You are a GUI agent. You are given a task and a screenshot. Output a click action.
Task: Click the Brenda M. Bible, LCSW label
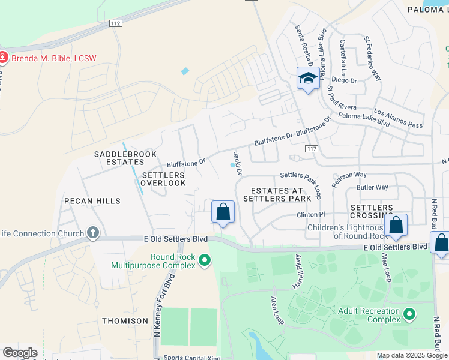(52, 58)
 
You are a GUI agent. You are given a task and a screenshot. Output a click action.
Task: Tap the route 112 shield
(116, 23)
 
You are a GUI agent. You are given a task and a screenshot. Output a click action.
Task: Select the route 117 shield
(311, 148)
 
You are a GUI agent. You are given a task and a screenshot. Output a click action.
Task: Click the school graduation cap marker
(308, 79)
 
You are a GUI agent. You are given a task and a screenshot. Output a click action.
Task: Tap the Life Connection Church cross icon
(92, 233)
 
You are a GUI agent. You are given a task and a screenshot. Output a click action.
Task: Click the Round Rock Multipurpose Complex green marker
(205, 260)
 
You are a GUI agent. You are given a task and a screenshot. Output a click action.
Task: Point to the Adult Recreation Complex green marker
(410, 314)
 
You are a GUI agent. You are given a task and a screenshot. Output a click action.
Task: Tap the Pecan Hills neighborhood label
(93, 201)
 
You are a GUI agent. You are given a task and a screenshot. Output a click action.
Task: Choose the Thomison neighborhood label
(125, 321)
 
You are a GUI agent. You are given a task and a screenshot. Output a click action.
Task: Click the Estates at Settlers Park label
(277, 194)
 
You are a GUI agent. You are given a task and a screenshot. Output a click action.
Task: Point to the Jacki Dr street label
(237, 163)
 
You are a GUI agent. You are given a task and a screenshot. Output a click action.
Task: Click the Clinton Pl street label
(310, 214)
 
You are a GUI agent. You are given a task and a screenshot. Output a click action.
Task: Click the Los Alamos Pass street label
(398, 118)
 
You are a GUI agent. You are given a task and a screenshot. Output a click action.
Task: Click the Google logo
(20, 353)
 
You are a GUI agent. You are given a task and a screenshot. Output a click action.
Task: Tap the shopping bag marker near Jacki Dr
(223, 212)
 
